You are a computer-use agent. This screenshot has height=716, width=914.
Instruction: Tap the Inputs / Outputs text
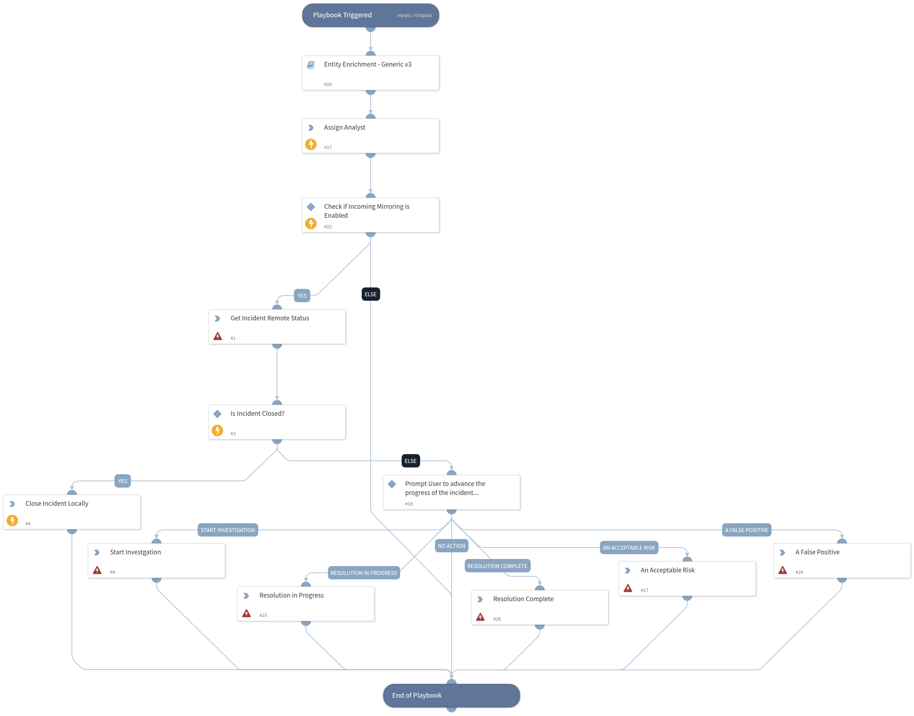[x=414, y=15]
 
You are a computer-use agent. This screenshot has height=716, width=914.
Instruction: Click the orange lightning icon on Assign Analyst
[x=311, y=144]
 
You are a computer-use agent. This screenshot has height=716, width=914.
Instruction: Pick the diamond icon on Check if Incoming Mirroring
[x=311, y=207]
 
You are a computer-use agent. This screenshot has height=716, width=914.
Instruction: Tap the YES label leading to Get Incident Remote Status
[x=302, y=296]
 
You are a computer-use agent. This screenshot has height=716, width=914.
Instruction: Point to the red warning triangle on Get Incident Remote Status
[x=217, y=336]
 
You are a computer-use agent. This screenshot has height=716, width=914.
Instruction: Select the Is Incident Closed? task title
[x=257, y=413]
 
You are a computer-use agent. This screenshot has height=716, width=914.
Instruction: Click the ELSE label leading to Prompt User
[x=410, y=461]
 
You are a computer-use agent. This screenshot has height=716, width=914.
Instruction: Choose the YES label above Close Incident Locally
[x=122, y=481]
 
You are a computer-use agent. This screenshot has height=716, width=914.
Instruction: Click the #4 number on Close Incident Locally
[x=28, y=523]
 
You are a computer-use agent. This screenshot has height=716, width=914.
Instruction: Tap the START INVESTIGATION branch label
[x=227, y=530]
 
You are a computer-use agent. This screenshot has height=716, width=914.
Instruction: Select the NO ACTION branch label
[x=451, y=546]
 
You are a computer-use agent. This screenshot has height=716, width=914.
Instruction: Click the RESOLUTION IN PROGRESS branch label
[x=363, y=573]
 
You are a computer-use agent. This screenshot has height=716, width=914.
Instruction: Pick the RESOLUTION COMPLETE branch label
[x=497, y=566]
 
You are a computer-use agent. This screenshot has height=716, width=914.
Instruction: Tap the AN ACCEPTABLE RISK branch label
[x=629, y=548]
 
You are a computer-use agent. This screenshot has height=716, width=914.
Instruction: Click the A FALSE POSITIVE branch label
[x=746, y=530]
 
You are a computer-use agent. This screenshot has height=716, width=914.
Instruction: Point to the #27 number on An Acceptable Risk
[x=644, y=590]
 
